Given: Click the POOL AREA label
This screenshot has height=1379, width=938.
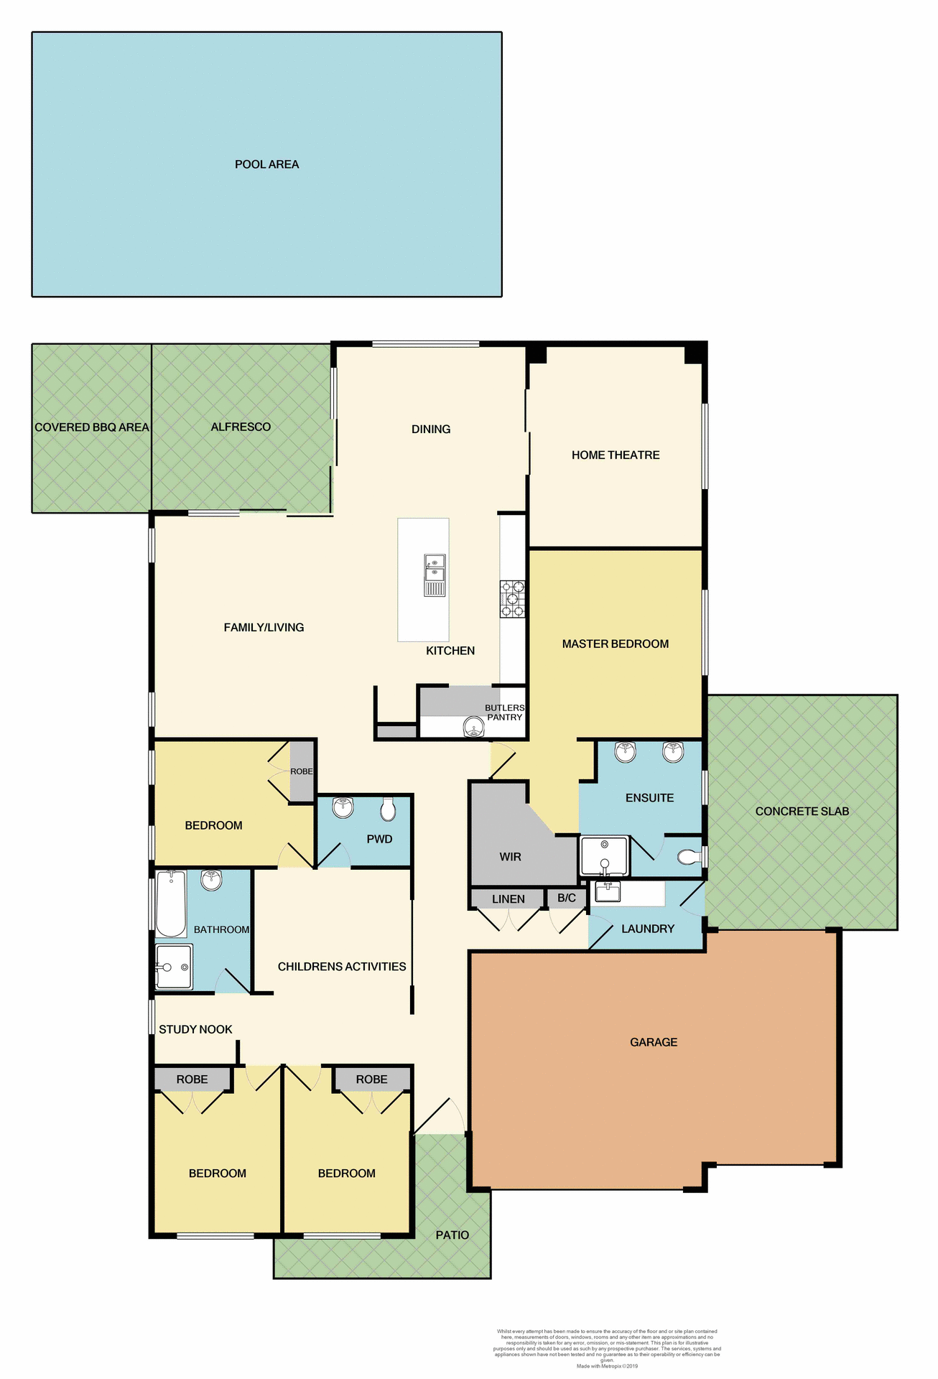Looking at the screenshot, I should point(266,164).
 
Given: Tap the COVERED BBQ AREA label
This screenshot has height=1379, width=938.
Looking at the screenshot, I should point(92,427).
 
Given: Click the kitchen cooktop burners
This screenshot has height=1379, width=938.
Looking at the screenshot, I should point(513,599).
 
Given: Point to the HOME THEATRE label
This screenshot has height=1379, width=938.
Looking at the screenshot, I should point(616,455).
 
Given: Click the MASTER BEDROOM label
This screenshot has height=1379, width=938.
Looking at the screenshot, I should point(616,644).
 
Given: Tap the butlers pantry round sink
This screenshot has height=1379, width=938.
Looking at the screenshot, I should point(474,727).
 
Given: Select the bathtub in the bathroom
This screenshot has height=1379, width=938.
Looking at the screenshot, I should point(171,904).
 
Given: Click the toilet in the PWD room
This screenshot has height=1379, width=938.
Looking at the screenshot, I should point(388,809).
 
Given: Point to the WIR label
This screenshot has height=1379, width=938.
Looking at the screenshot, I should point(510,857).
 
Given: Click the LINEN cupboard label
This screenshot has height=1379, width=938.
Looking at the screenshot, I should point(509,899).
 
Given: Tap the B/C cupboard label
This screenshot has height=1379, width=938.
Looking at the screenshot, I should point(567,899).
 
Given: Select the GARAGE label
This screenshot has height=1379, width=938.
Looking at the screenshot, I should point(654,1042).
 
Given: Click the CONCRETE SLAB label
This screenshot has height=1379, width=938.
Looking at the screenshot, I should point(802,812).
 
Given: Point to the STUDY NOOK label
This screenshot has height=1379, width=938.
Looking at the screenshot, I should point(195,1029).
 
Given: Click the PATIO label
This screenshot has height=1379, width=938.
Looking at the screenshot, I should point(452,1235).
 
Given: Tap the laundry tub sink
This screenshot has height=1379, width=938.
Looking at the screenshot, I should point(608,892).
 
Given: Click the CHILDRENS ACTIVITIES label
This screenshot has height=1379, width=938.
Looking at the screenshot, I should point(342,967).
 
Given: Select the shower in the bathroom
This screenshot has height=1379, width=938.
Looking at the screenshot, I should point(174,967).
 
